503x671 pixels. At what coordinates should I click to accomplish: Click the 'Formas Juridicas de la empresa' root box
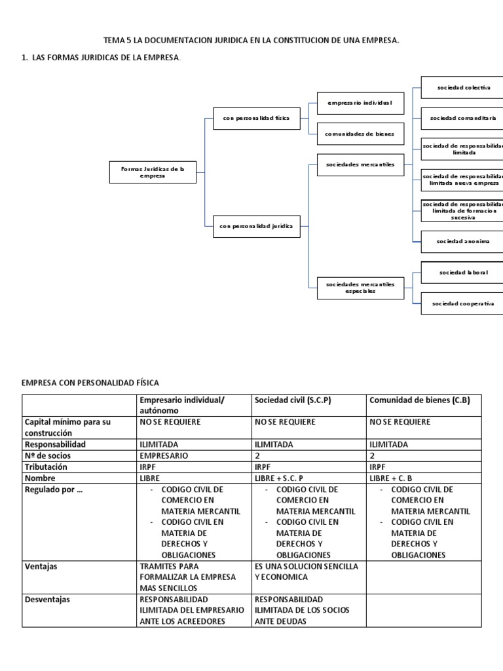152,172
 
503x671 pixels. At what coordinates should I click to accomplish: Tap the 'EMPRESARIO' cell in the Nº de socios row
164,455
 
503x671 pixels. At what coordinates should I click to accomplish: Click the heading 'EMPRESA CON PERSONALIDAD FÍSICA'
90,382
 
